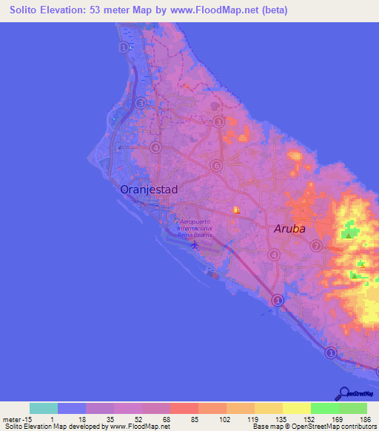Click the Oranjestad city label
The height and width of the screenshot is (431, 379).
149,190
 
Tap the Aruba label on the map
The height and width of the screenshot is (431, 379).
289,229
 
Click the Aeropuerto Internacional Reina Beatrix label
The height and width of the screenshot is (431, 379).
195,228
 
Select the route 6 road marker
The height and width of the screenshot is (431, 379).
215,166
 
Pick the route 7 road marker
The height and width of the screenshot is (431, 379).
316,246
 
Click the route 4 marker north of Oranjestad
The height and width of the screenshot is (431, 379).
155,147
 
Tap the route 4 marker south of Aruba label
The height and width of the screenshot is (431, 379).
273,255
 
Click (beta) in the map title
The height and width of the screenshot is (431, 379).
271,10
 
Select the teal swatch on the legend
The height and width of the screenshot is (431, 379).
44,408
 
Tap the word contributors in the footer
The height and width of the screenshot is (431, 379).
356,427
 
